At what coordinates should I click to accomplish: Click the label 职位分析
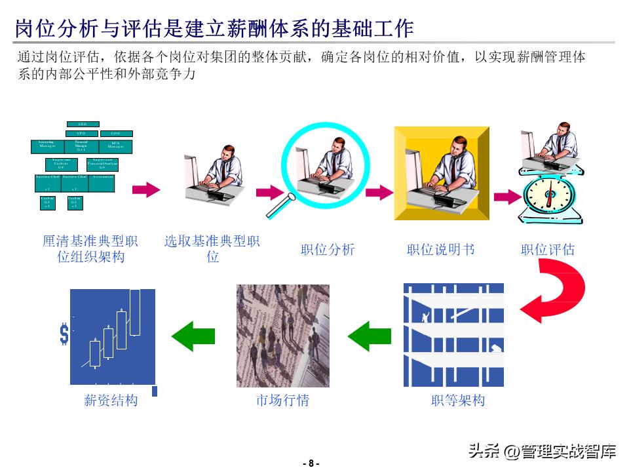[328, 250]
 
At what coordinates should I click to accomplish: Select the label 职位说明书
[440, 250]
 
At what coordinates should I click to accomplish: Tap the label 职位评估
[548, 250]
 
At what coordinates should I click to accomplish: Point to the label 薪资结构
[111, 400]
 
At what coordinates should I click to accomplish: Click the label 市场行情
[282, 400]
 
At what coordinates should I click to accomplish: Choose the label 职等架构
[458, 400]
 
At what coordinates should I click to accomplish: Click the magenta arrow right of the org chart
[145, 190]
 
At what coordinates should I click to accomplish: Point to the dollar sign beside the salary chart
[64, 334]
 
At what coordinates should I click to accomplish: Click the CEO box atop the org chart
[83, 124]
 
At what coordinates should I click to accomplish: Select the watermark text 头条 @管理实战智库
[541, 451]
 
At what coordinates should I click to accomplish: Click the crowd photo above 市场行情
[282, 336]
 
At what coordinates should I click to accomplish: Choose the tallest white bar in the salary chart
[135, 312]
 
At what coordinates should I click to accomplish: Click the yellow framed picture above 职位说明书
[441, 173]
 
